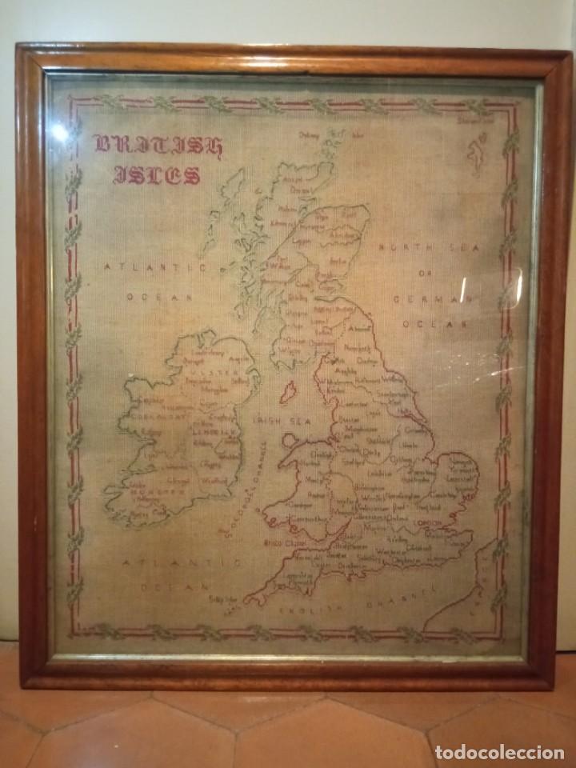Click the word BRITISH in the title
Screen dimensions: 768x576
[158, 145]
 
